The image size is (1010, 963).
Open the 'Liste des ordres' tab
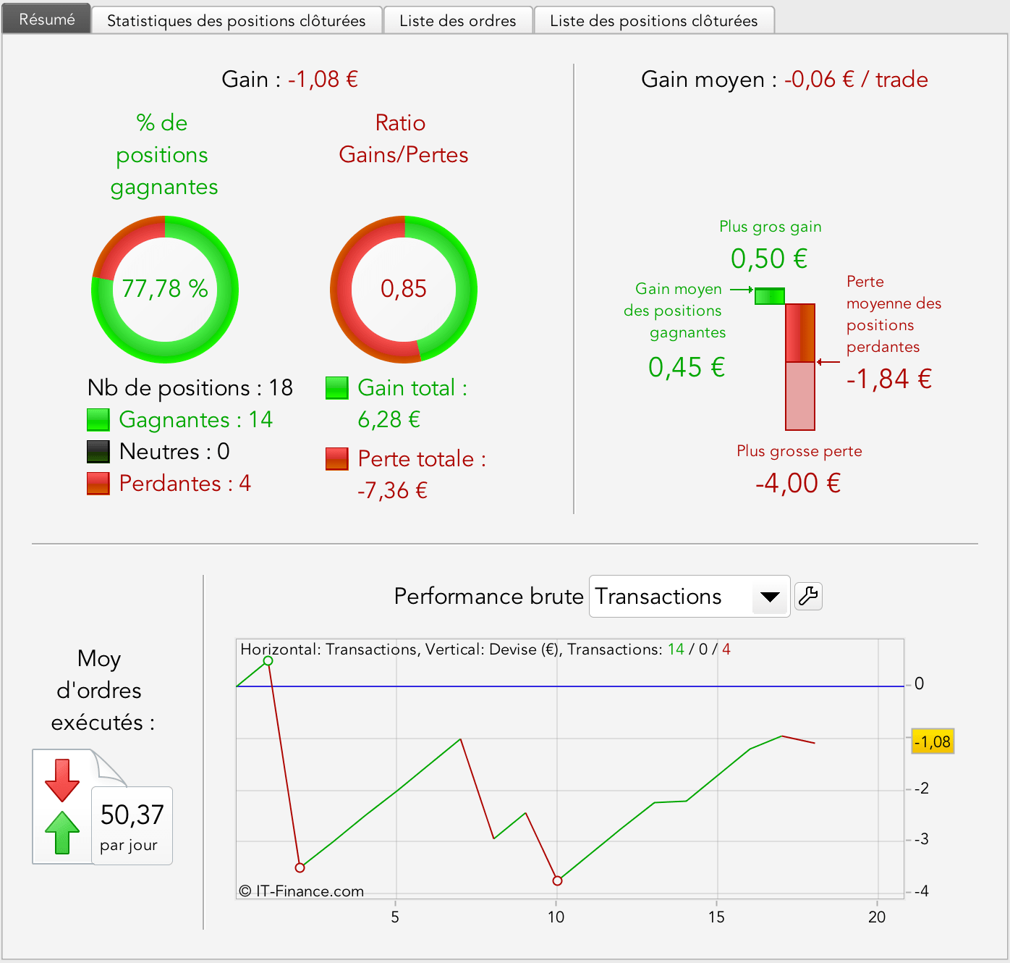(458, 20)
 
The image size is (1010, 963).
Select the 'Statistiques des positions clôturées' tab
(236, 20)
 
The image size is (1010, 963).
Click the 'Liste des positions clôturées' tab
(653, 20)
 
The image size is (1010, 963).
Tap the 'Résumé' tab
(47, 20)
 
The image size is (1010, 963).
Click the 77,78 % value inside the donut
(165, 289)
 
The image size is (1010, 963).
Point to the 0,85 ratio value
(404, 289)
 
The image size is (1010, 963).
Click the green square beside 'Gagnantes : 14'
(98, 420)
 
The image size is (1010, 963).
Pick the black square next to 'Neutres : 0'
(98, 452)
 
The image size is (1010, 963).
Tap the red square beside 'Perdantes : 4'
(98, 484)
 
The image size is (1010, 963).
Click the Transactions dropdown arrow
(770, 597)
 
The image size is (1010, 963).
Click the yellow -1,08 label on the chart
(933, 741)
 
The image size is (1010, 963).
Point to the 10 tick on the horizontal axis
(556, 917)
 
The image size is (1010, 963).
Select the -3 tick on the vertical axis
(921, 840)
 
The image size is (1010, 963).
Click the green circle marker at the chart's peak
(268, 660)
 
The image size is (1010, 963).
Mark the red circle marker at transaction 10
(557, 880)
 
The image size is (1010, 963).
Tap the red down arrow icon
(62, 780)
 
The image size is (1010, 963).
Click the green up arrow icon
(62, 833)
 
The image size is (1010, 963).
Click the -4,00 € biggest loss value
(798, 483)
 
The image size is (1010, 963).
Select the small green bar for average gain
(770, 296)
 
